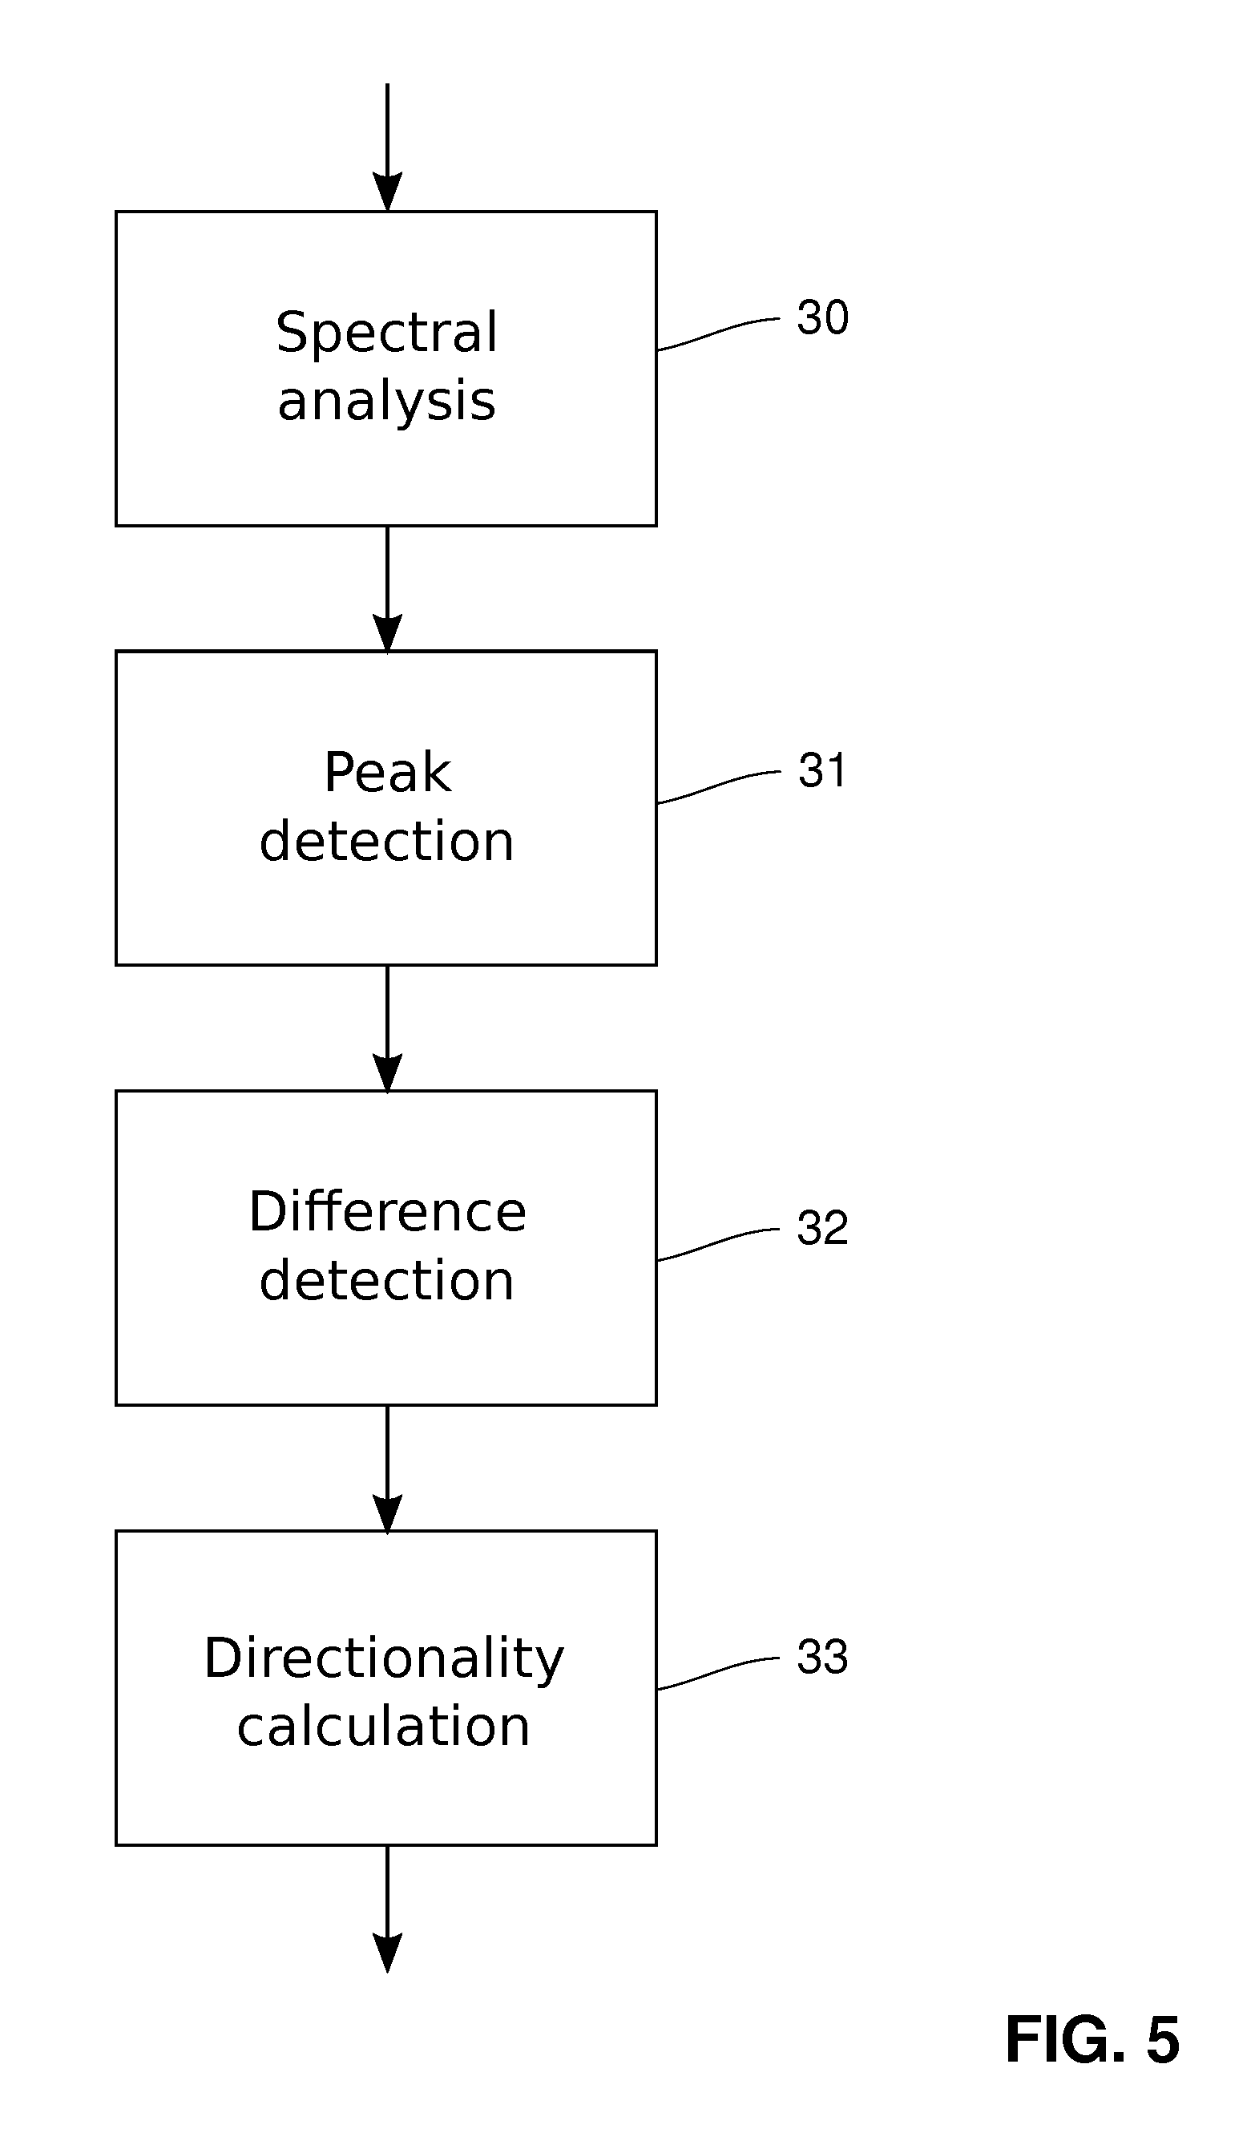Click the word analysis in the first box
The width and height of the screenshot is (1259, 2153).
pyautogui.click(x=386, y=402)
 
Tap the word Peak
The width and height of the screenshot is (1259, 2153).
pyautogui.click(x=387, y=773)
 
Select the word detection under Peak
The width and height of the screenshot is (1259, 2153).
pyautogui.click(x=386, y=842)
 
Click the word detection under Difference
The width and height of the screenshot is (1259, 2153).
pyautogui.click(x=386, y=1281)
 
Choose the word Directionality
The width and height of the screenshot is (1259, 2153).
pyautogui.click(x=384, y=1659)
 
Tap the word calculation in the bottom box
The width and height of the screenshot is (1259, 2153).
pyautogui.click(x=384, y=1727)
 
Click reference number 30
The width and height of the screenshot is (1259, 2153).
pyautogui.click(x=821, y=318)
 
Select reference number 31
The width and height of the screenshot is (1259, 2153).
pyautogui.click(x=821, y=770)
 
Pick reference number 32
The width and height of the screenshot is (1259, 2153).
pyautogui.click(x=821, y=1228)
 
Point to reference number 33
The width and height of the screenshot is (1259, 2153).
pyautogui.click(x=821, y=1657)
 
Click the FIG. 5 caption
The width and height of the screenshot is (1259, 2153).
pyautogui.click(x=1092, y=2040)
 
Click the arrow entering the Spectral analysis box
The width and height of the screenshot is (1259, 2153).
pyautogui.click(x=387, y=145)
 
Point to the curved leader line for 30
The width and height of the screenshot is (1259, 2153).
pyautogui.click(x=717, y=333)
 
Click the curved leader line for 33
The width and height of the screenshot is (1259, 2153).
pyautogui.click(x=717, y=1672)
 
